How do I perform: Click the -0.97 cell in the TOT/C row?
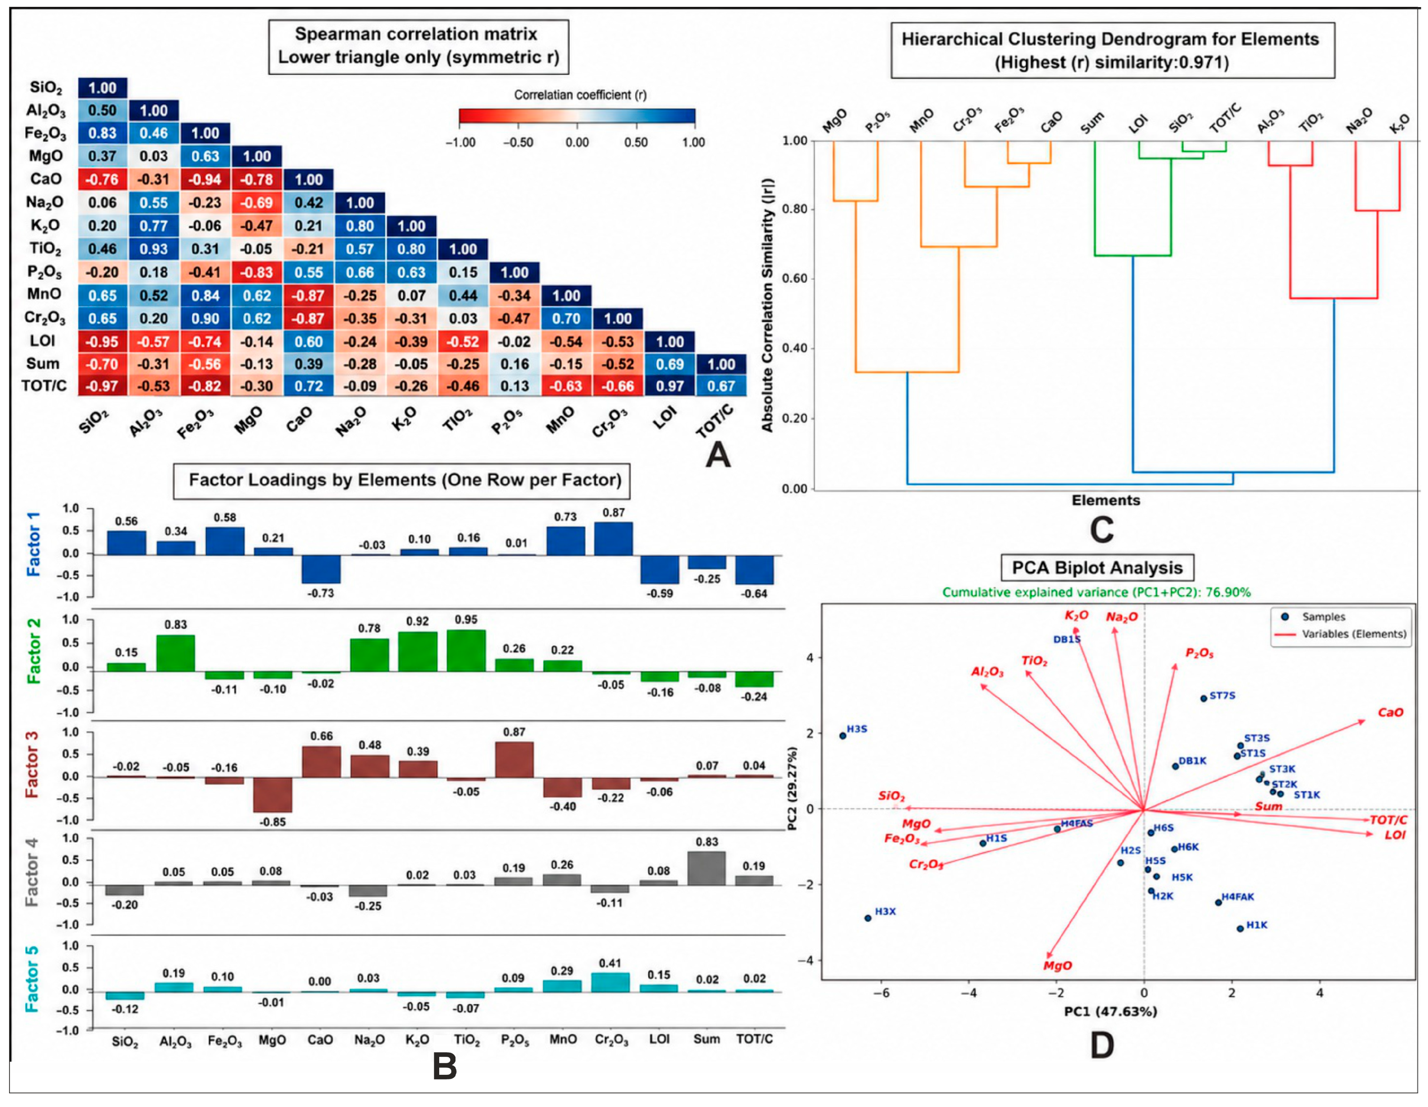103,386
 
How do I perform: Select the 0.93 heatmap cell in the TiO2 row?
154,249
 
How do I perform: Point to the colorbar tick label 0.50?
636,142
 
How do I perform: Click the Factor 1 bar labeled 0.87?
613,538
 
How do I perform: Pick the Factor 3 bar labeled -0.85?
273,794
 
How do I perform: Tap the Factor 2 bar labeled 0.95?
466,650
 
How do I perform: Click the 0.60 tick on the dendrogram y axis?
795,279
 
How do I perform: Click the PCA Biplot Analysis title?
1097,568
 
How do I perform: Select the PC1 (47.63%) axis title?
1110,1011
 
